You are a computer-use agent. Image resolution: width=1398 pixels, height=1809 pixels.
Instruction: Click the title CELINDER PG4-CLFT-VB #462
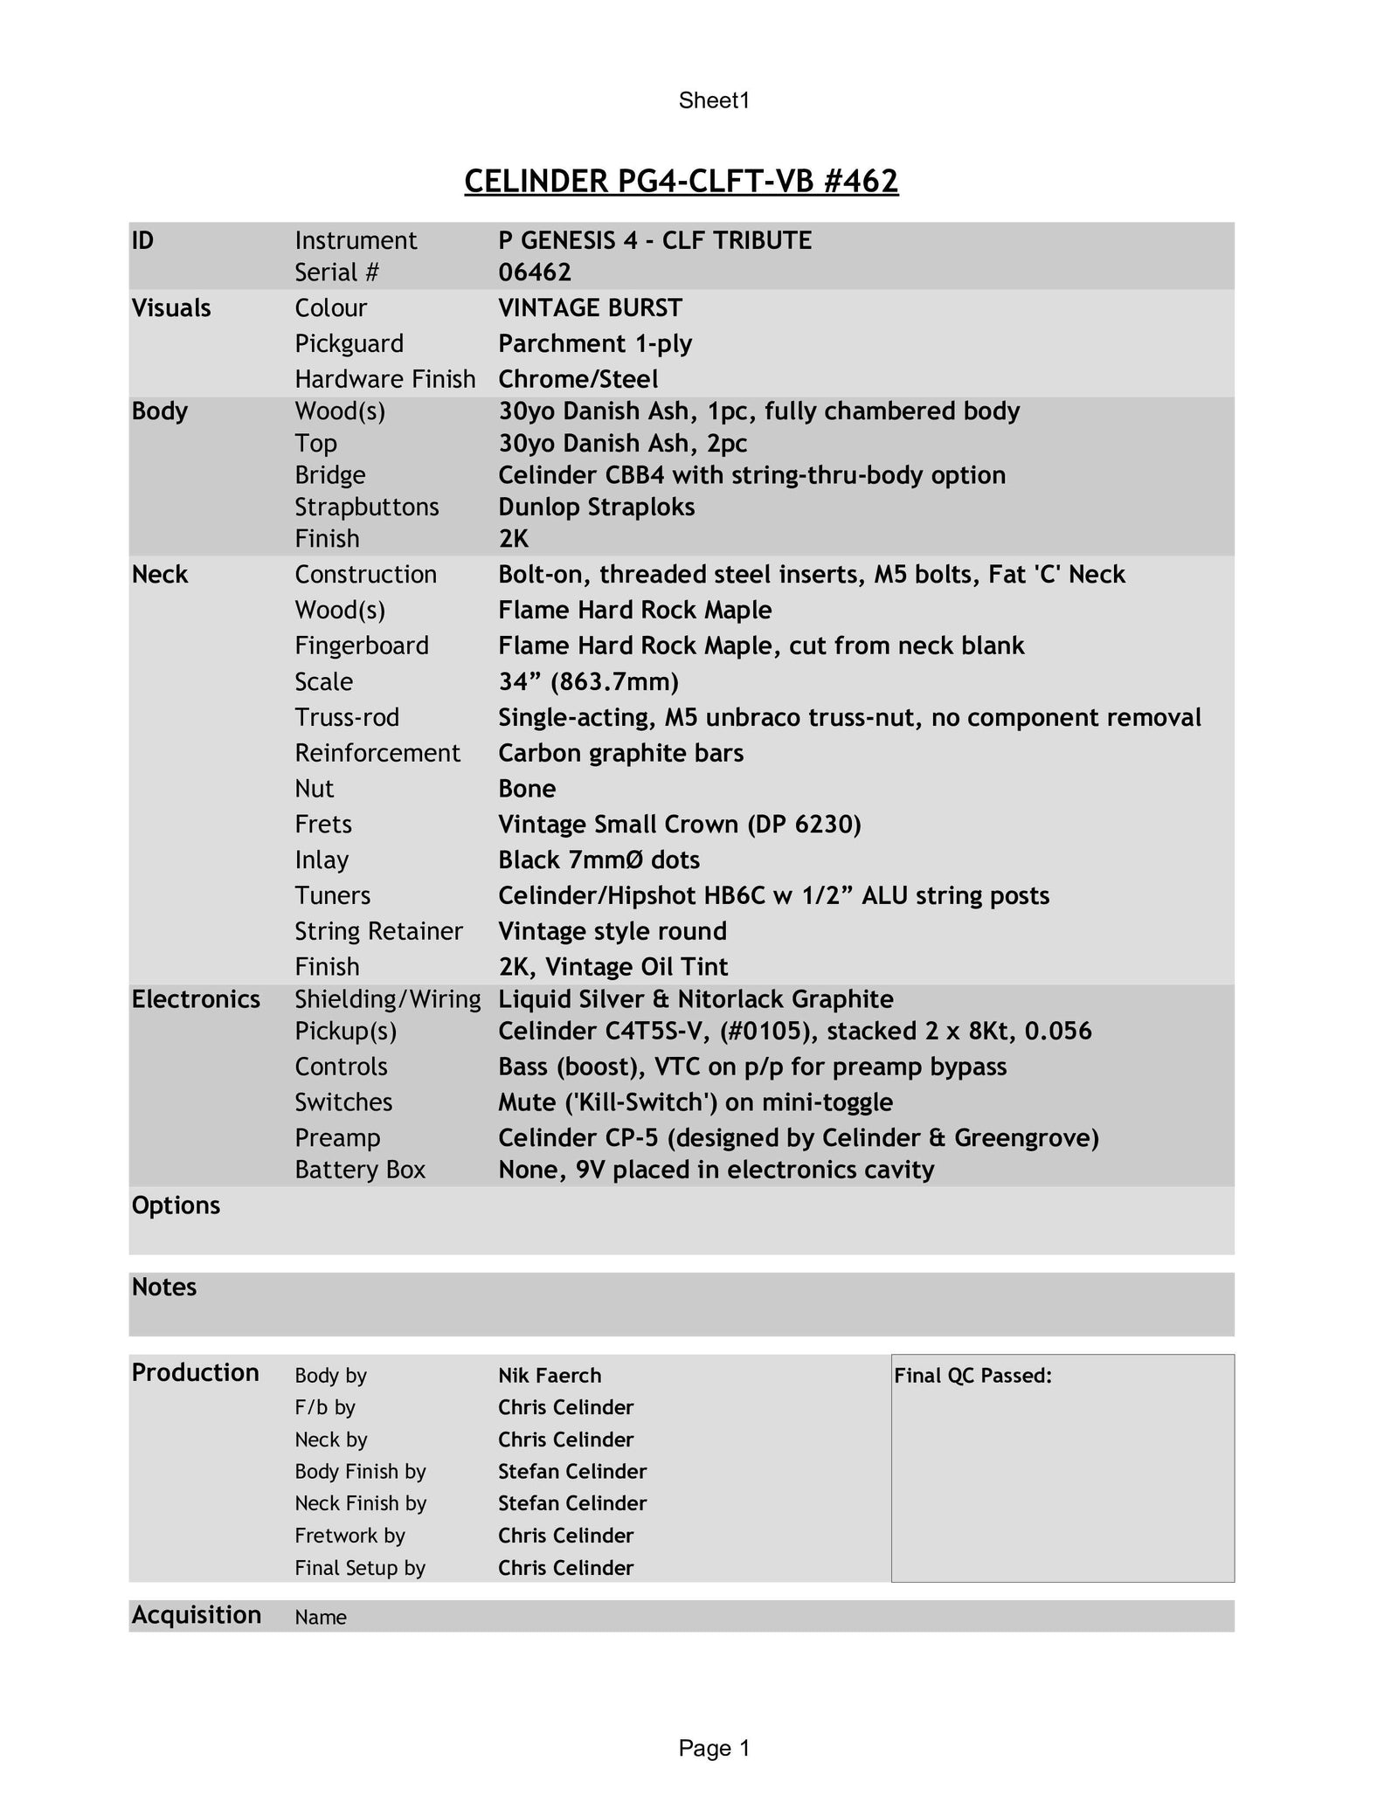point(681,181)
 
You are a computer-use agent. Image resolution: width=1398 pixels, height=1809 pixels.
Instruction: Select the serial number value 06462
point(535,273)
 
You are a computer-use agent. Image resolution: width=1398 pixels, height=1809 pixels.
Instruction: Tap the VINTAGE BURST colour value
point(590,307)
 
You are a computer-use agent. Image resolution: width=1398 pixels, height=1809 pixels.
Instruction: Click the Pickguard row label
point(349,343)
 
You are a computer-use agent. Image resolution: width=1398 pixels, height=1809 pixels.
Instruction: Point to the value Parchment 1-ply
point(595,343)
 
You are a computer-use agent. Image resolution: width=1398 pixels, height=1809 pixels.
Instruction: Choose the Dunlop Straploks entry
point(596,507)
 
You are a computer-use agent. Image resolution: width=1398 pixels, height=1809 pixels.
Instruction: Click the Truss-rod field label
point(347,717)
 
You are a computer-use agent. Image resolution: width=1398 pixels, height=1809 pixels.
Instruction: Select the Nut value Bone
point(527,789)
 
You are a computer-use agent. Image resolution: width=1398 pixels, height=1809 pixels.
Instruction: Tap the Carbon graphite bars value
point(620,753)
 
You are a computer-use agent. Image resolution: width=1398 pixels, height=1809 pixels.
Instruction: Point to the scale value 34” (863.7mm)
point(588,681)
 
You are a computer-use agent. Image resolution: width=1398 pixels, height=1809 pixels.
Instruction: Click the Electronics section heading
point(196,999)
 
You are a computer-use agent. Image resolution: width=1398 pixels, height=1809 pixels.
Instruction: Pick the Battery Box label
point(360,1170)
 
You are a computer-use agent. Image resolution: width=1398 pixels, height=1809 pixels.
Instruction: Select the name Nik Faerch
point(550,1376)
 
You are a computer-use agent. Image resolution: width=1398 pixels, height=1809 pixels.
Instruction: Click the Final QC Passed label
point(972,1376)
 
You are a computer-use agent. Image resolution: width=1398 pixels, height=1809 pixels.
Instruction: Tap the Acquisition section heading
point(197,1615)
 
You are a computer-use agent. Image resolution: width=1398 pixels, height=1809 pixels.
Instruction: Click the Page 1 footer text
point(714,1748)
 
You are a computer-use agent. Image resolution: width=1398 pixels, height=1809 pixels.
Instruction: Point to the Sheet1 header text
point(714,100)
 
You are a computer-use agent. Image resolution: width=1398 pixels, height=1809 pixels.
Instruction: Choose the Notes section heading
point(164,1287)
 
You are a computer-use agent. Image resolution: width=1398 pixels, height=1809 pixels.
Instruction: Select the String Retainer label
point(378,931)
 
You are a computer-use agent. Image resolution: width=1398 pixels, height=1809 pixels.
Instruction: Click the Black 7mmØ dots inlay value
point(599,860)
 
